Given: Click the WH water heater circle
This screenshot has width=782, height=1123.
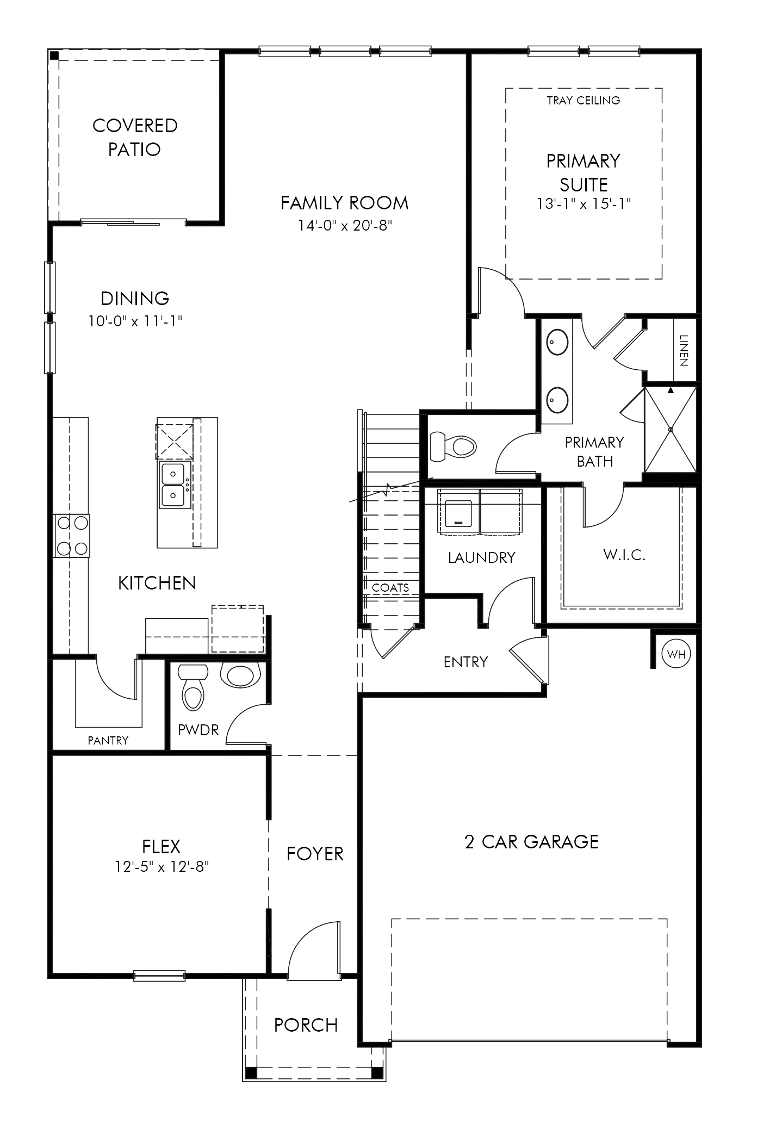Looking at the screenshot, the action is click(x=677, y=654).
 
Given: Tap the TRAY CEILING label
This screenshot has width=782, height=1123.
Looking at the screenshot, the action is click(x=584, y=100).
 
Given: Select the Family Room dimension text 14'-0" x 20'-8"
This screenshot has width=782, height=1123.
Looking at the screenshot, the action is click(x=345, y=225).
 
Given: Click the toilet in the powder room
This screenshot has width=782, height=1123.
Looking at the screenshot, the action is click(x=193, y=687).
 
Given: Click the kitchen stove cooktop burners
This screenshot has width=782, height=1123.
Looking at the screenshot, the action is click(x=72, y=536).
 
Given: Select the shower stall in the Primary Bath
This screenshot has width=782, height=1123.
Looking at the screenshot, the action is click(x=670, y=430).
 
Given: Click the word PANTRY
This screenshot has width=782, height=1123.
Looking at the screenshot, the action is click(x=108, y=740).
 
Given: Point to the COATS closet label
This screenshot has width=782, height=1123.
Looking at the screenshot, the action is click(x=390, y=587).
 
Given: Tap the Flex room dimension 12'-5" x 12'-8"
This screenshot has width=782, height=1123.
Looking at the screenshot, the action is click(x=162, y=866).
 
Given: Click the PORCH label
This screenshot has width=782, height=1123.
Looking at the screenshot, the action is click(x=306, y=1025).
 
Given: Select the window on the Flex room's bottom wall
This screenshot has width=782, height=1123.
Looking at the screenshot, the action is click(x=159, y=976).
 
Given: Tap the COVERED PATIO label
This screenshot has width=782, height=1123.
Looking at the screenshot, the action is click(x=135, y=137).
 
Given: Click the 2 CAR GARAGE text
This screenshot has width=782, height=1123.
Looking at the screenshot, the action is click(x=531, y=841).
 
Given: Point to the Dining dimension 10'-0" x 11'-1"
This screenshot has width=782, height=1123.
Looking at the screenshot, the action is click(x=135, y=321).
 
